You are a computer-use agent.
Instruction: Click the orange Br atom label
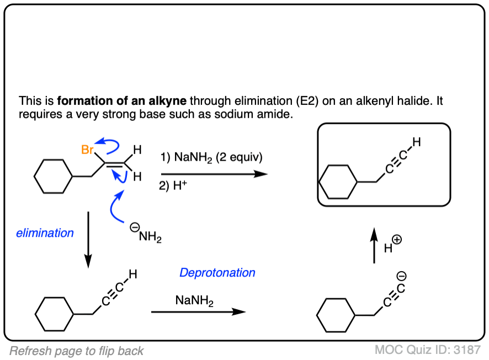[x=87, y=150]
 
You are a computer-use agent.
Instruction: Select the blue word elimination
[x=45, y=233]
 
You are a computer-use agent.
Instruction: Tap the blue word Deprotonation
[x=217, y=273]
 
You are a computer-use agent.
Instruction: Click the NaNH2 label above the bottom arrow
[x=195, y=301]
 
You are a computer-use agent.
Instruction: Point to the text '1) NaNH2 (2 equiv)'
[x=218, y=157]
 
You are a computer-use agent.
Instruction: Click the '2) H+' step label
[x=171, y=186]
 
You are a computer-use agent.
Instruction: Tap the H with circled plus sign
[x=392, y=246]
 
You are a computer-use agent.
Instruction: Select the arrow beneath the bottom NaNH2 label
[x=198, y=312]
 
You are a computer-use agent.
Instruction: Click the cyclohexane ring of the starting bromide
[x=53, y=177]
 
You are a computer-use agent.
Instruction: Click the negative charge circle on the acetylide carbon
[x=402, y=276]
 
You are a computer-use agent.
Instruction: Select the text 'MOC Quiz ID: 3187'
[x=427, y=350]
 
